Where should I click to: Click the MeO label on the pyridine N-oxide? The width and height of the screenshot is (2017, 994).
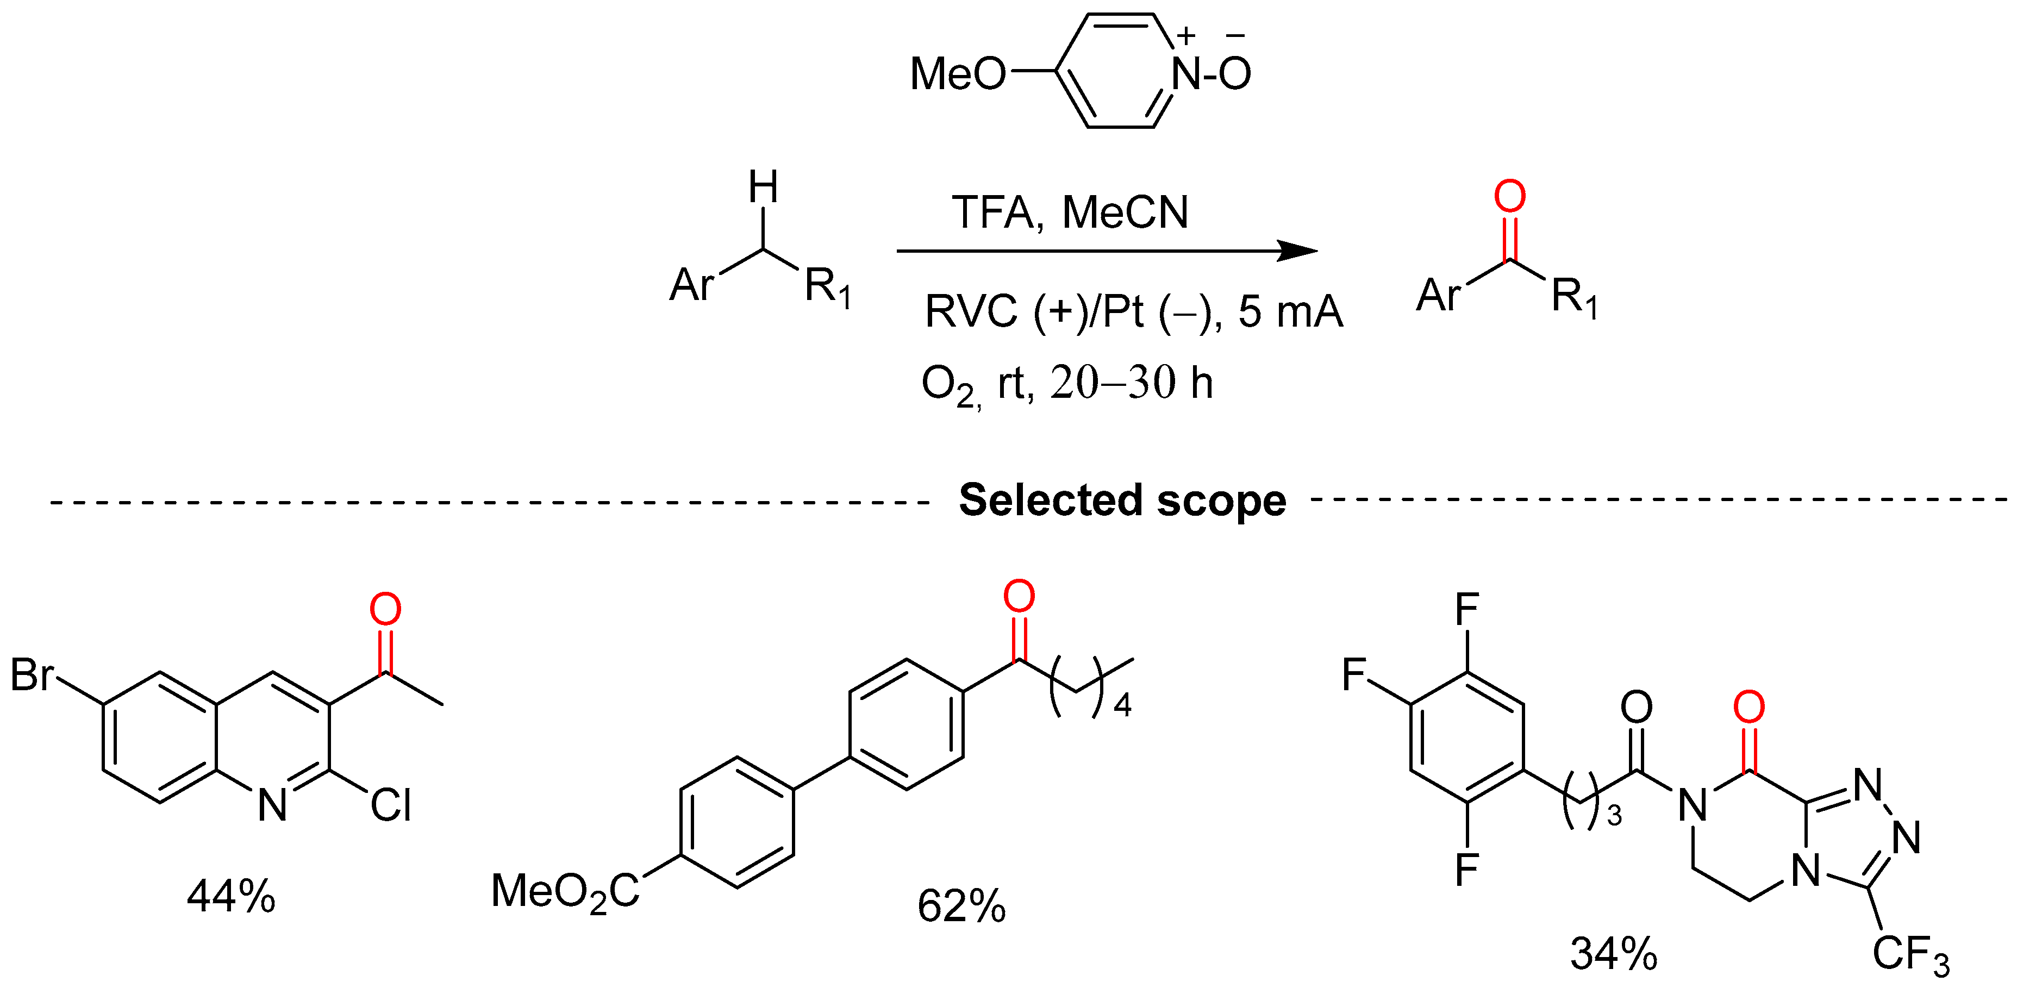[x=957, y=74]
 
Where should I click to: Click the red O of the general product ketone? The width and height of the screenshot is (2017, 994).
[x=1509, y=196]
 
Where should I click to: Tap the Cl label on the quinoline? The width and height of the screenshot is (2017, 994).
[x=391, y=804]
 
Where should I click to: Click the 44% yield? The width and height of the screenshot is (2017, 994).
[x=231, y=896]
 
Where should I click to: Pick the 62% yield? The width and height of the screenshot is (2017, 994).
[x=961, y=907]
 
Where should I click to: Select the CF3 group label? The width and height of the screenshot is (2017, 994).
[x=1910, y=954]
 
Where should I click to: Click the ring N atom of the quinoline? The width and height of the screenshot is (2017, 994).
[x=272, y=804]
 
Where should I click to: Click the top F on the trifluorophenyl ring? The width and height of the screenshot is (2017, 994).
[x=1466, y=609]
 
